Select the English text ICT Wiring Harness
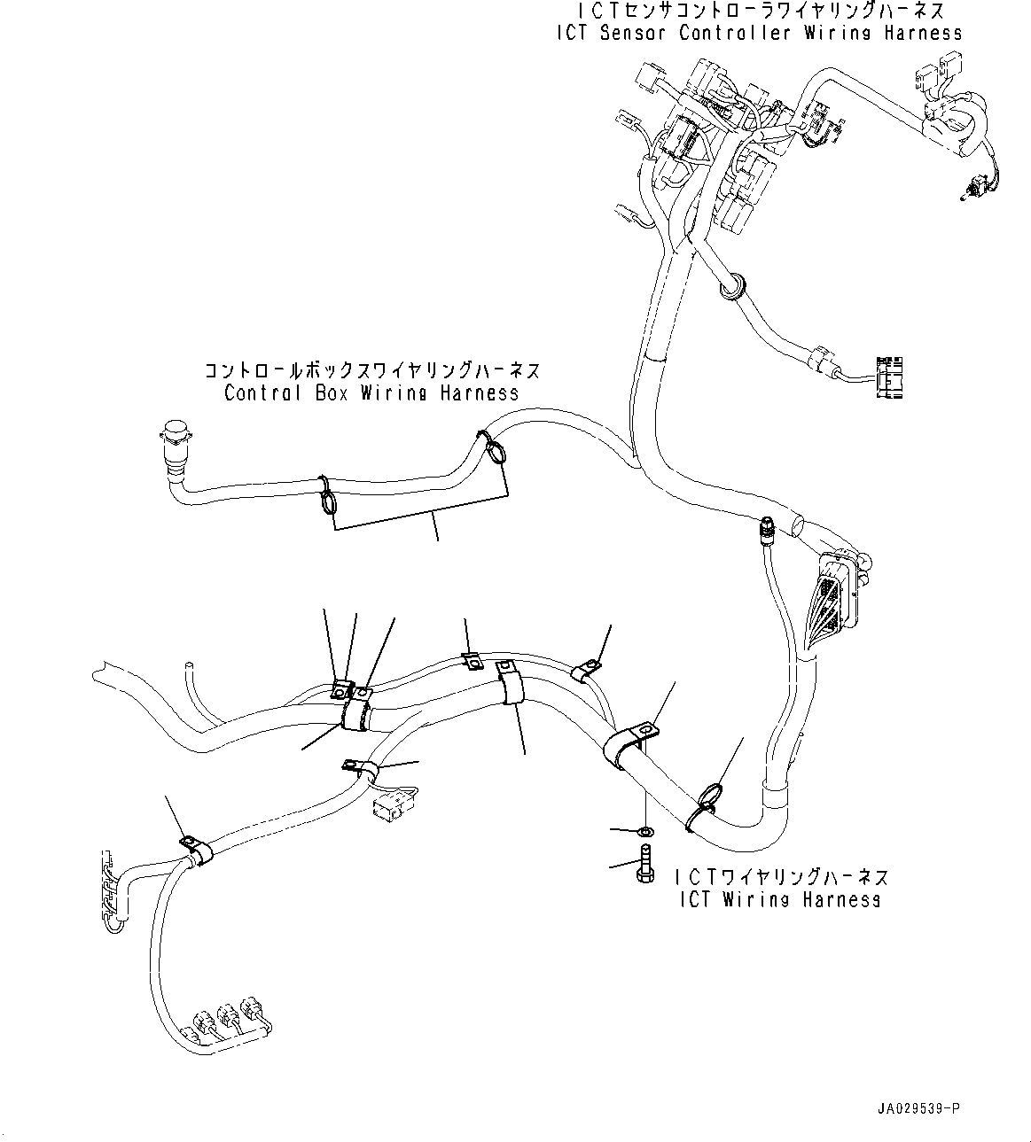click(x=779, y=899)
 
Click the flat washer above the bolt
click(x=645, y=831)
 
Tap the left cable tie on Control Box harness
click(x=326, y=497)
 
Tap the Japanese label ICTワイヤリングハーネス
click(x=780, y=877)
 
